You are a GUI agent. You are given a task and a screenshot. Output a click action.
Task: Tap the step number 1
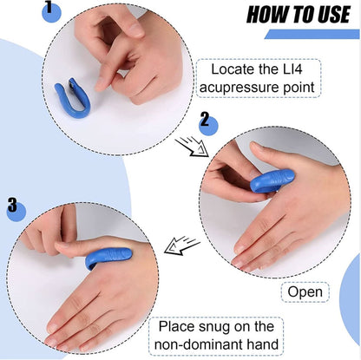[49, 8]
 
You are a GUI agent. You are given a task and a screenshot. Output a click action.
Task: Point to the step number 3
[11, 205]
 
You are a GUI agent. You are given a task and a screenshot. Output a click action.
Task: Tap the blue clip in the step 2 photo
[272, 180]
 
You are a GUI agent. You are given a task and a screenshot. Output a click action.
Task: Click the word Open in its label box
[305, 292]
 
